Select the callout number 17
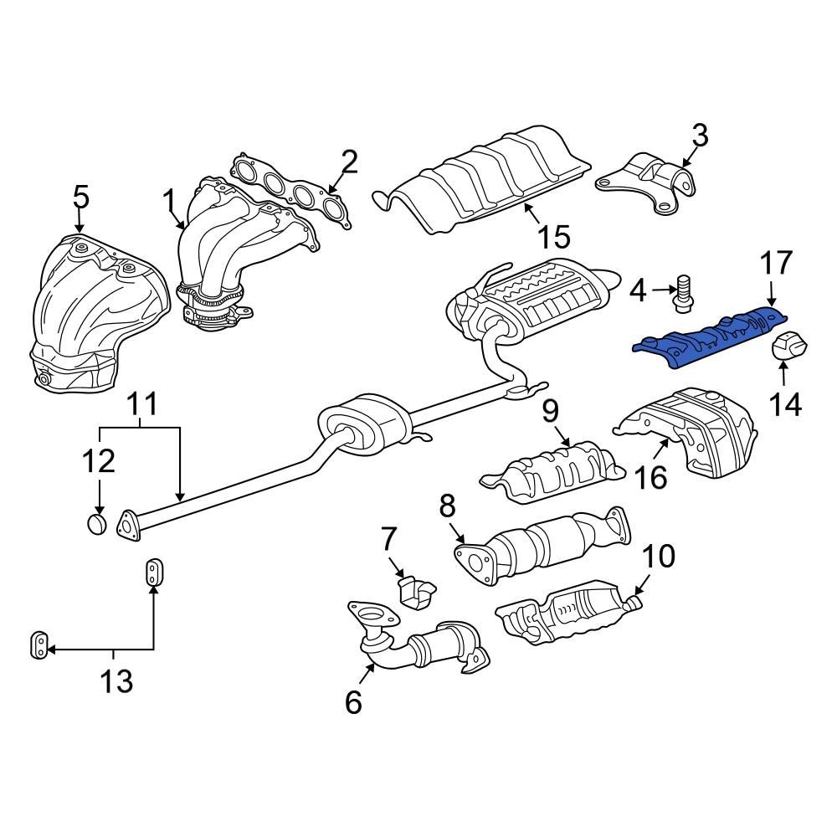point(775,263)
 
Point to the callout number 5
point(80,198)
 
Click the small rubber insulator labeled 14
point(788,347)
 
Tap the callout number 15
point(553,237)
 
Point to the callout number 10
point(659,556)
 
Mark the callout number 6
point(353,701)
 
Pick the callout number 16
point(650,477)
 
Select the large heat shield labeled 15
point(485,180)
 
